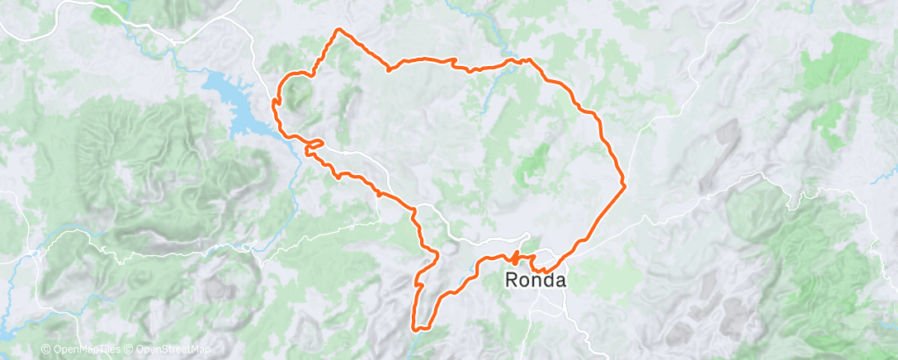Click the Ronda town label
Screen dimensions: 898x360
coord(536,281)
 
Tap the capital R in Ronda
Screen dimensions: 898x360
coord(512,281)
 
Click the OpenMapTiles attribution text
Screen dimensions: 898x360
coord(85,349)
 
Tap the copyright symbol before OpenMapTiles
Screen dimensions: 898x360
coord(45,349)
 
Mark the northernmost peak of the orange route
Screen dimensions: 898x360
coord(338,30)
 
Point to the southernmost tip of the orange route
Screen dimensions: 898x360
coord(414,329)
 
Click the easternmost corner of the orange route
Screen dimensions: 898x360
coord(625,185)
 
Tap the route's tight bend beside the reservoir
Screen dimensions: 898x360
coord(275,101)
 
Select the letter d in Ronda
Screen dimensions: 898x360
coord(548,281)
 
